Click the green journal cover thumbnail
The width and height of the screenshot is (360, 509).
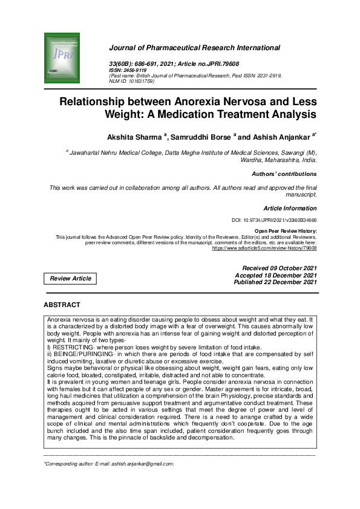click(62, 59)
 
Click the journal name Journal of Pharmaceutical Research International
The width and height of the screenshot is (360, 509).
click(194, 47)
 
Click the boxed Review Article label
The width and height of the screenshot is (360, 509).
click(71, 279)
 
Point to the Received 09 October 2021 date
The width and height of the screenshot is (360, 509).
click(279, 268)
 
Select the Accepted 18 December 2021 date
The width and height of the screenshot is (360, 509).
click(275, 275)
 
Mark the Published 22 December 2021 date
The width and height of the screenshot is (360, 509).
click(275, 282)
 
